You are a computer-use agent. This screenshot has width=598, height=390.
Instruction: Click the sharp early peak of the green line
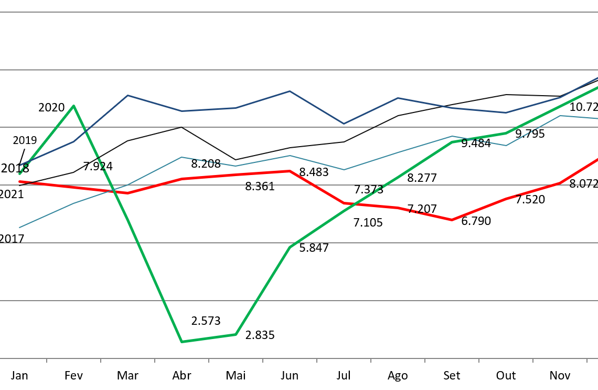(73, 106)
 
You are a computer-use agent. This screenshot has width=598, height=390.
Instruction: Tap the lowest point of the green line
(181, 342)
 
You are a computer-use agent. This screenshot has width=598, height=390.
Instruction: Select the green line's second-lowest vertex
(236, 334)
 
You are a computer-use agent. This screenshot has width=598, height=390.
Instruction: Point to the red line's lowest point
(452, 220)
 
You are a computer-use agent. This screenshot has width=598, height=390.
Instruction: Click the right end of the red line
(597, 159)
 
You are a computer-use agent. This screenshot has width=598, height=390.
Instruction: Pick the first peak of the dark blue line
(127, 96)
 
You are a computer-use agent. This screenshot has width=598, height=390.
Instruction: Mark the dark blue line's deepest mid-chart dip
(344, 124)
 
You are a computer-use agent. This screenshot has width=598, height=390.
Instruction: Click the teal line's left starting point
(20, 227)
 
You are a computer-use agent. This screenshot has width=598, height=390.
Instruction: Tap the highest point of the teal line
(560, 116)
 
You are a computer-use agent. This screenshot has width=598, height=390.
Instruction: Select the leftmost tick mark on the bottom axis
(47, 360)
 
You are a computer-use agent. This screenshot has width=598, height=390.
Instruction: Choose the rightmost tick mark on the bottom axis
(586, 360)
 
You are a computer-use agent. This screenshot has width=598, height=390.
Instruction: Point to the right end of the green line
(597, 88)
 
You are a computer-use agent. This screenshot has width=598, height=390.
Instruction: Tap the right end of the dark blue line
(597, 78)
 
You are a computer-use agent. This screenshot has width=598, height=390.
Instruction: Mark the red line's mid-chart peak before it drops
(290, 171)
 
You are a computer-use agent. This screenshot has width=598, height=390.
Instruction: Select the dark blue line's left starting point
(20, 165)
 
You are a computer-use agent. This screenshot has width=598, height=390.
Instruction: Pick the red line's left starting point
(20, 182)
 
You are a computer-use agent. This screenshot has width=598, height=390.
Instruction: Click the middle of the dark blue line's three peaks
(290, 91)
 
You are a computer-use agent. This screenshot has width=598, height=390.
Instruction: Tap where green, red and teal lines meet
(116, 190)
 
